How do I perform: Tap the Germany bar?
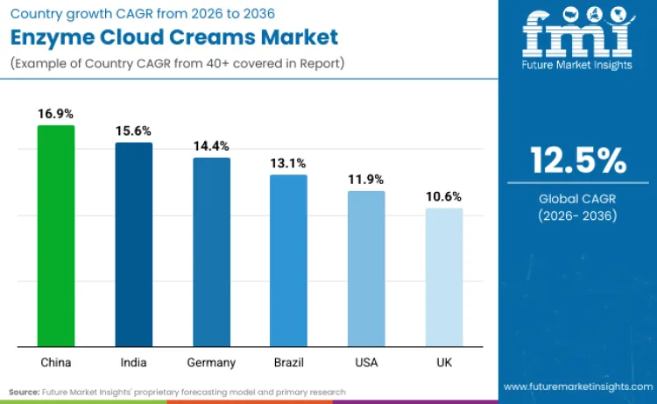tap(211, 252)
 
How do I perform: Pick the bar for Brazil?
tap(288, 259)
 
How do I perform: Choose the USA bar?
tap(366, 267)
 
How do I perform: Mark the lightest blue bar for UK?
tap(444, 276)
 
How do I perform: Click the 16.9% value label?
tap(55, 114)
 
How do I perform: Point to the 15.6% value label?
tap(133, 131)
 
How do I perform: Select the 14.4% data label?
tap(211, 146)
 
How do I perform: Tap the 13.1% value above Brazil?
tap(288, 163)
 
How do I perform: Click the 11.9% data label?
tap(366, 180)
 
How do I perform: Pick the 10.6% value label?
tap(444, 196)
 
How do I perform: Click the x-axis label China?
tap(55, 362)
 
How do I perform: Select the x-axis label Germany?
tap(211, 362)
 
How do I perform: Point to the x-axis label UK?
tap(444, 362)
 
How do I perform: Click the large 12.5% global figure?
tap(578, 161)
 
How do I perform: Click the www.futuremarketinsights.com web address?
tap(578, 386)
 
